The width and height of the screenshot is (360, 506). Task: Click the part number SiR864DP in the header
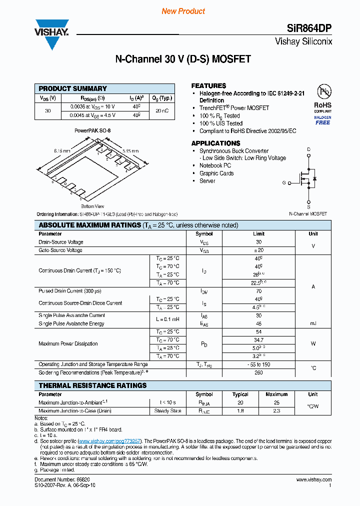tap(311, 28)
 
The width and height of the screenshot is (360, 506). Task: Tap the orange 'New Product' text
tap(183, 11)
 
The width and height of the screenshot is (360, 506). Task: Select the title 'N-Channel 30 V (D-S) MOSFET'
tap(183, 59)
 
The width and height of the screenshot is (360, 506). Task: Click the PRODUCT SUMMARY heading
tap(73, 88)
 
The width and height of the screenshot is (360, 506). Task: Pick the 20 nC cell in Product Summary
tap(162, 111)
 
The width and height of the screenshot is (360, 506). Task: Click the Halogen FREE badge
tap(322, 120)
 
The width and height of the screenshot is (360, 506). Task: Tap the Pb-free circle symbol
tap(324, 92)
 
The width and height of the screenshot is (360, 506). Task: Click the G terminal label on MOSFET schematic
tap(284, 183)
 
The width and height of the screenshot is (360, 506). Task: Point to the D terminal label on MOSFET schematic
tap(308, 149)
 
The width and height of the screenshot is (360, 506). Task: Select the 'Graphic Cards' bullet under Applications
tap(216, 173)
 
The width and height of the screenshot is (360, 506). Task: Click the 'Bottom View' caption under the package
tap(92, 206)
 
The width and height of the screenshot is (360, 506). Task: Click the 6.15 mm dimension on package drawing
tap(62, 150)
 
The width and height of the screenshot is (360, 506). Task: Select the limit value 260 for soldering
tap(258, 372)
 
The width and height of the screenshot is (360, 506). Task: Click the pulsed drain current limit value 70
tap(258, 290)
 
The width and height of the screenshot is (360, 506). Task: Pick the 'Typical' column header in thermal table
tap(240, 394)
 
